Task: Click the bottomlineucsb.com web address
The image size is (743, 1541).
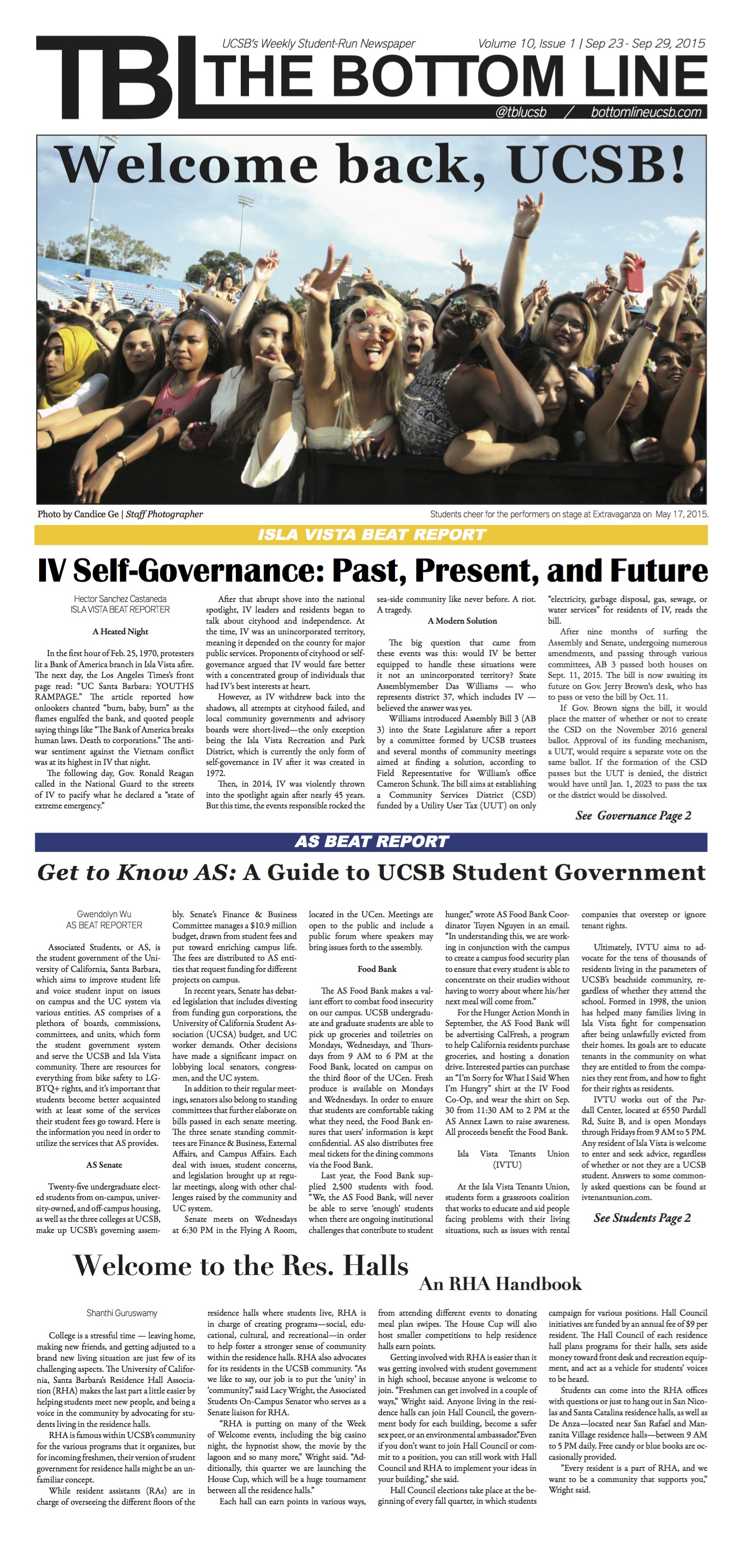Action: pos(646,113)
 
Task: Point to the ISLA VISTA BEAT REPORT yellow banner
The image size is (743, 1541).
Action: pos(371,534)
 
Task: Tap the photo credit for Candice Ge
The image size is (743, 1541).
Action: pos(120,514)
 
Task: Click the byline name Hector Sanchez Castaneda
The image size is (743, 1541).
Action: pos(120,599)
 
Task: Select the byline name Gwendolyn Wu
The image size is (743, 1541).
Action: pos(104,914)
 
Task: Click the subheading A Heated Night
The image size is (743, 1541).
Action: pos(120,631)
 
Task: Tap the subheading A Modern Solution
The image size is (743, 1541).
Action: pos(462,621)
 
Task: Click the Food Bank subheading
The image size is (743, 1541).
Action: pos(377,969)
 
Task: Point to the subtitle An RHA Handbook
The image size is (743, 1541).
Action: pos(500,1284)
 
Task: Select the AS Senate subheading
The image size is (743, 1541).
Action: pos(103,1165)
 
